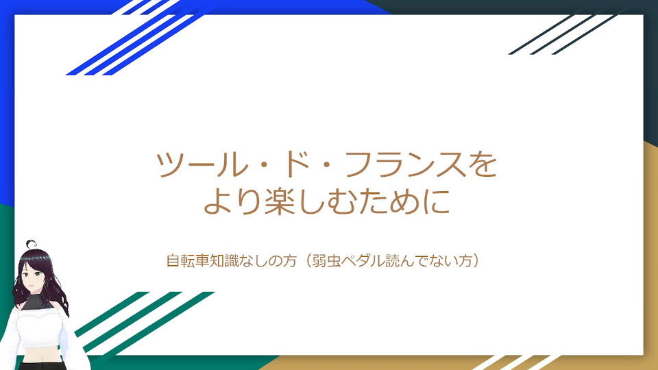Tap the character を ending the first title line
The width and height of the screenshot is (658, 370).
click(483, 164)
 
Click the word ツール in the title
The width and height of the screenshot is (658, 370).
click(202, 164)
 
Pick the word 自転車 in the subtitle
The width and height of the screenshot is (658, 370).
click(188, 260)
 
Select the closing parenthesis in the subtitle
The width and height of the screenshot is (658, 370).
click(476, 260)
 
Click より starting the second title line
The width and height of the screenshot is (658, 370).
click(233, 201)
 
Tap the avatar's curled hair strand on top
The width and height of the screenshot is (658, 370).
click(31, 244)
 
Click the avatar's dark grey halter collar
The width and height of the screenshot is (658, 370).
click(37, 301)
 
